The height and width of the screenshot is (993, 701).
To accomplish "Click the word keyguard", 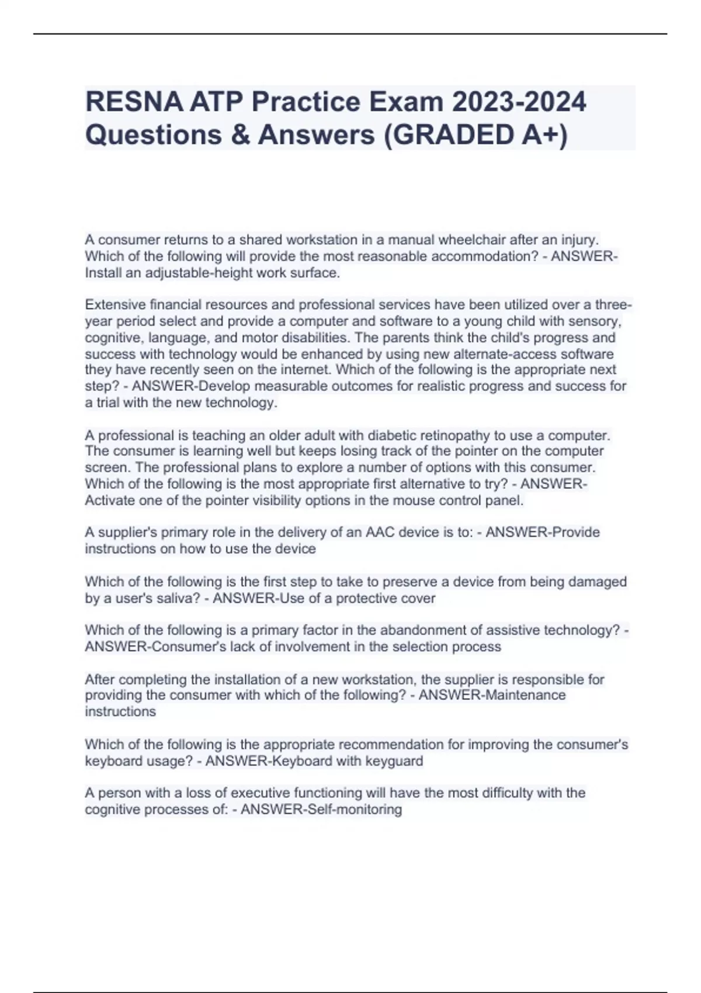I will pos(394,761).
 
